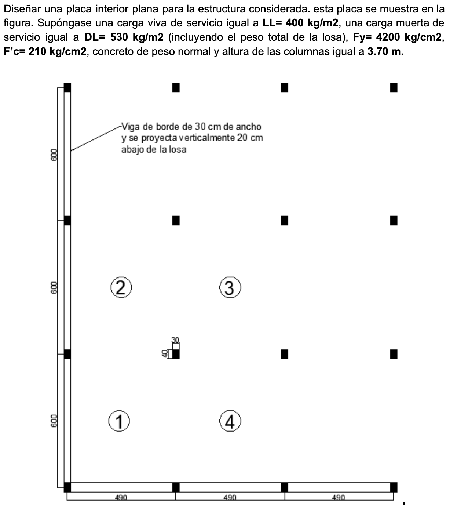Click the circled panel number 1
point(119,421)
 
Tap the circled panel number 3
point(230,288)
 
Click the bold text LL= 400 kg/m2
point(300,23)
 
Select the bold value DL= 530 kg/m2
point(124,37)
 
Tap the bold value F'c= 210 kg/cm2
point(45,51)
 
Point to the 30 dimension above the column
point(176,339)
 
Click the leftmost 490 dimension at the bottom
point(121,498)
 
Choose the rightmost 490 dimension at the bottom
point(338,498)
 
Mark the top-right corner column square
point(394,88)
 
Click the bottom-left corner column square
point(67,487)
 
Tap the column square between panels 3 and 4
point(285,354)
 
